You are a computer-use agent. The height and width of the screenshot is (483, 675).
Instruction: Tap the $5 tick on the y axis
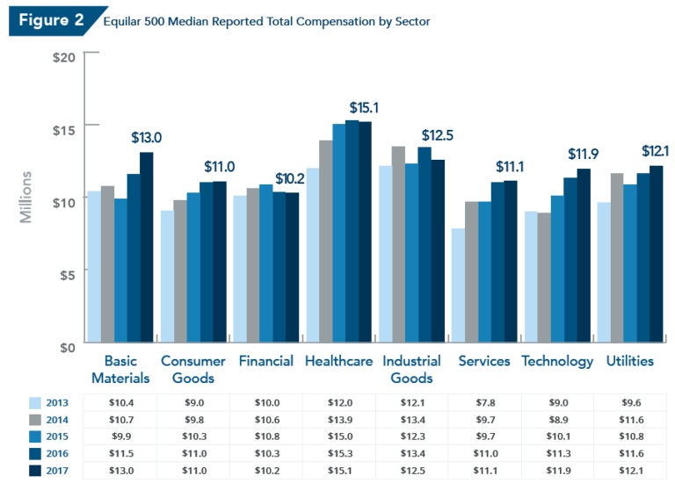point(67,274)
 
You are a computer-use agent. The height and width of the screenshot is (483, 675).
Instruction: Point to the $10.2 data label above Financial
point(290,179)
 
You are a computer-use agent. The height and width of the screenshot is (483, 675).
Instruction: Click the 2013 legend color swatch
point(36,403)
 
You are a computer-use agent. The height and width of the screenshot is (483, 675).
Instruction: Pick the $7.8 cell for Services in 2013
point(484,403)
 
